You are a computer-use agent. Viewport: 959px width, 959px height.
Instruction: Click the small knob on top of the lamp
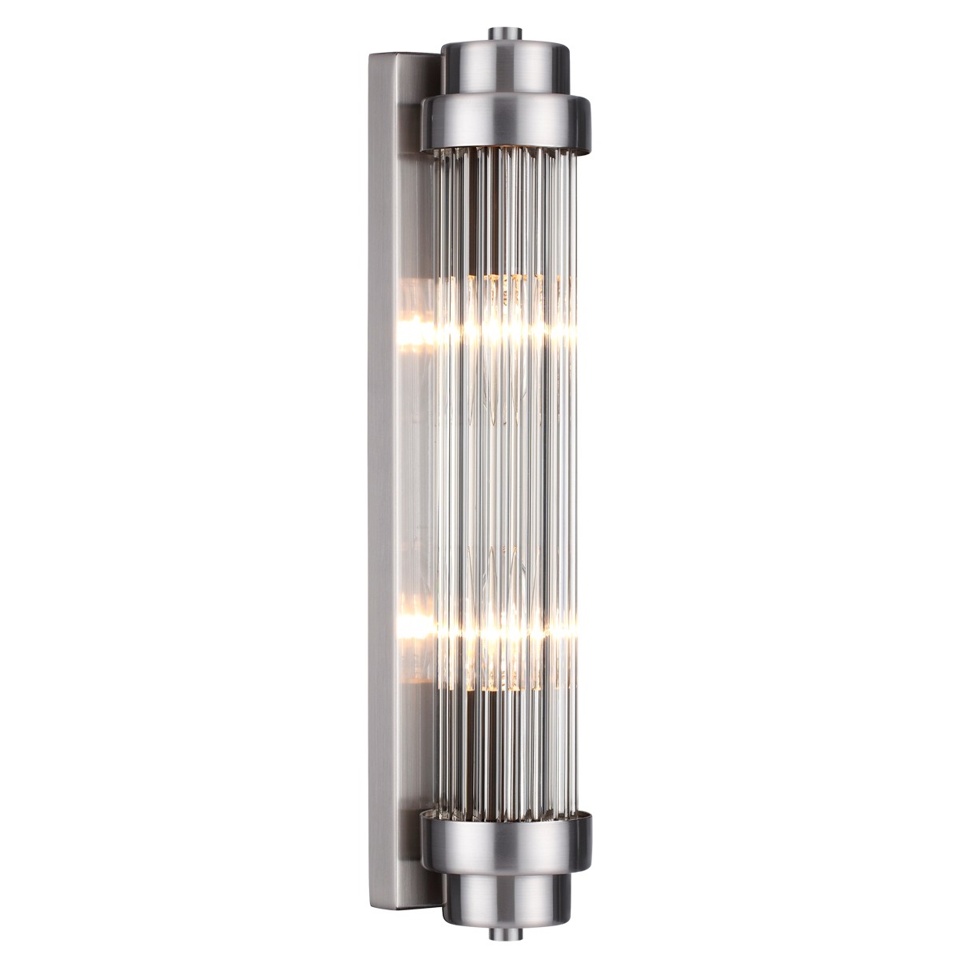504,34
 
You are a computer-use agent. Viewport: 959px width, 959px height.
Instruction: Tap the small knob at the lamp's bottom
504,933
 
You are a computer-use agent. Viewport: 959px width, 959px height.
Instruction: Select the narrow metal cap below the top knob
504,68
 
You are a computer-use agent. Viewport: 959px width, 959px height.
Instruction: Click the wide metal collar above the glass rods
505,123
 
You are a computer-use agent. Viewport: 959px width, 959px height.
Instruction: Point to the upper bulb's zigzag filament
499,384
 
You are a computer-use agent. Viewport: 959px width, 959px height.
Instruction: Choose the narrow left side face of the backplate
379,479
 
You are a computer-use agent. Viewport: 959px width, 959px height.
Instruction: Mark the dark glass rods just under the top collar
503,200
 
